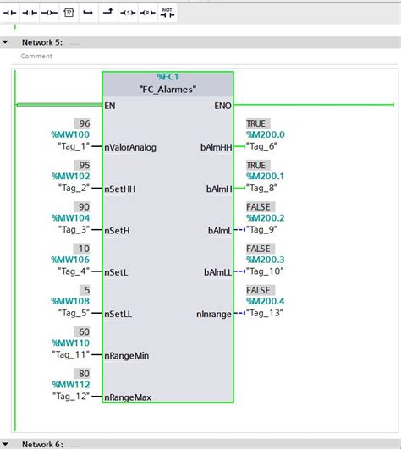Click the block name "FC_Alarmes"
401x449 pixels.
coord(168,90)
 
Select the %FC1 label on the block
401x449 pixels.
coord(168,77)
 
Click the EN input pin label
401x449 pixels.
coord(110,106)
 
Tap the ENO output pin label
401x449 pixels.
coord(223,106)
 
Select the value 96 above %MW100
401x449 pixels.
coord(83,123)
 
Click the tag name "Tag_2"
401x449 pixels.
coord(74,188)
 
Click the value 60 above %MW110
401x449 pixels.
coord(83,331)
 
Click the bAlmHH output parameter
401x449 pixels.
coord(217,147)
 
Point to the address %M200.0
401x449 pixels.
coord(265,134)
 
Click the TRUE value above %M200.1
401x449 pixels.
coord(256,165)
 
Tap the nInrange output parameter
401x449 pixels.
coord(215,314)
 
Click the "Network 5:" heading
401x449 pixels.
coord(42,41)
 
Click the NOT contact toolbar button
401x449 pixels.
coord(168,13)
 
